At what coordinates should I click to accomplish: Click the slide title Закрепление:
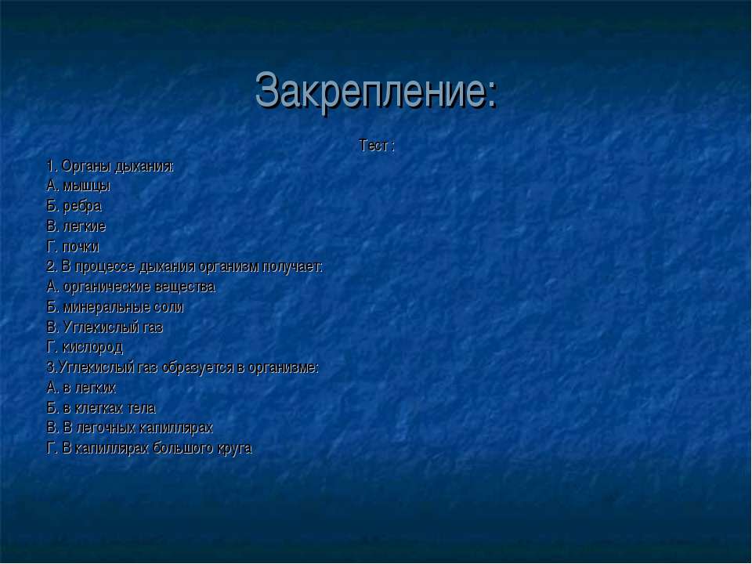tap(376, 91)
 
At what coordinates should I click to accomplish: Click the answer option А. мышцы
tap(78, 186)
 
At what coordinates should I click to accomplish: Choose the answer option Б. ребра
tap(74, 206)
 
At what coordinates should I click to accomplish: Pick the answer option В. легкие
tap(76, 226)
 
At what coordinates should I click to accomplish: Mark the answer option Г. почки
tap(73, 247)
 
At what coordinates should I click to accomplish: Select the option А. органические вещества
tap(131, 287)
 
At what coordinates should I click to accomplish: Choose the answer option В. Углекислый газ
tap(105, 327)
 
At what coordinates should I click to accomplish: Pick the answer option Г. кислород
tap(85, 347)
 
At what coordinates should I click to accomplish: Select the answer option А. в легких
tap(81, 388)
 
